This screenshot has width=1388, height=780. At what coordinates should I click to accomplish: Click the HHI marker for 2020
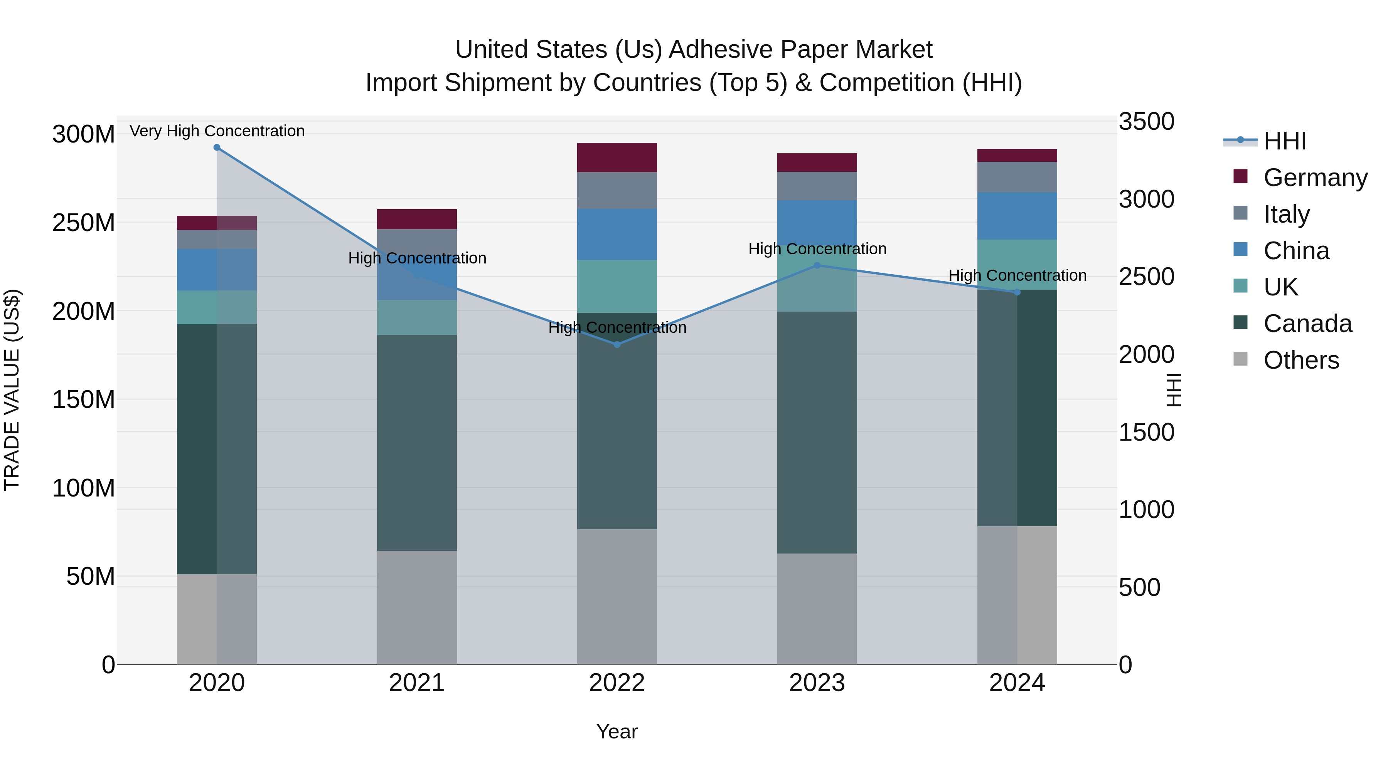pyautogui.click(x=217, y=147)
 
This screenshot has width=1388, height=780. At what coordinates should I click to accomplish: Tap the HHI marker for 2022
pyautogui.click(x=617, y=344)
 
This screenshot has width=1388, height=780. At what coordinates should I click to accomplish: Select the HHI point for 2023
pyautogui.click(x=817, y=265)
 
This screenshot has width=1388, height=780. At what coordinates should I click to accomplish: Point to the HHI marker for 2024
pyautogui.click(x=1017, y=292)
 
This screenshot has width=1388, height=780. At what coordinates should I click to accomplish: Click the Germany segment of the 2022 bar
pyautogui.click(x=617, y=158)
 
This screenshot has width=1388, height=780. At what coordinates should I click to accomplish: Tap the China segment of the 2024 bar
pyautogui.click(x=1017, y=216)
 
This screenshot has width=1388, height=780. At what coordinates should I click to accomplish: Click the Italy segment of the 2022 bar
pyautogui.click(x=617, y=191)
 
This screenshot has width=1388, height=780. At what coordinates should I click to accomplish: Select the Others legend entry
pyautogui.click(x=1301, y=360)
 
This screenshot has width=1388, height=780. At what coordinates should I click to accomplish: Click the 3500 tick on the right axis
pyautogui.click(x=1146, y=122)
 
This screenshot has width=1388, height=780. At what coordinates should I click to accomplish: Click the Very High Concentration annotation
pyautogui.click(x=217, y=131)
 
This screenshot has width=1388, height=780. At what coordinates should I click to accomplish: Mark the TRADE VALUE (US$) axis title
pyautogui.click(x=12, y=390)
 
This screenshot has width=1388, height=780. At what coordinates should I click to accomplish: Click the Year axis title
pyautogui.click(x=617, y=731)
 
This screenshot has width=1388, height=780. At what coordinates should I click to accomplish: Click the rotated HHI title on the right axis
pyautogui.click(x=1173, y=390)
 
